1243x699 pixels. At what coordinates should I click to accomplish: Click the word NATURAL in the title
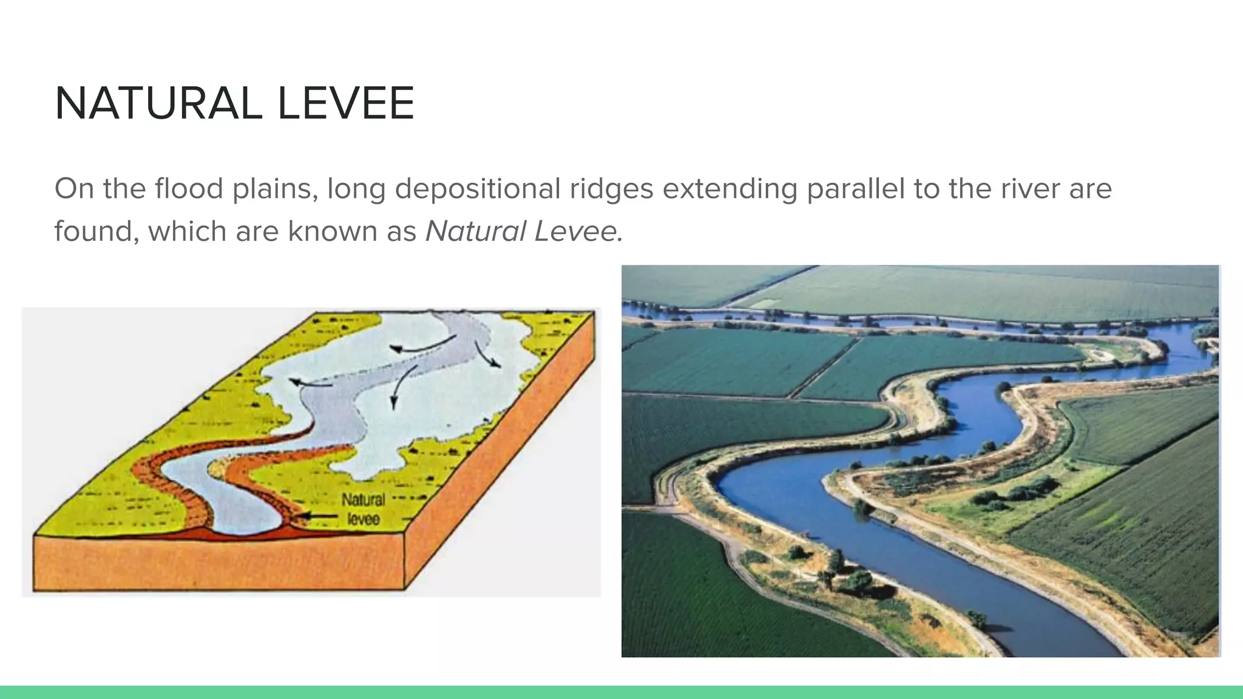pyautogui.click(x=158, y=104)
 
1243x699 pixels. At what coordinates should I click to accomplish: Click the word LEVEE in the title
pyautogui.click(x=345, y=104)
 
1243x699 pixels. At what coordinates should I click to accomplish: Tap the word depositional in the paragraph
pyautogui.click(x=477, y=189)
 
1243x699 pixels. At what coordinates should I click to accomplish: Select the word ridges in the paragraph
pyautogui.click(x=611, y=190)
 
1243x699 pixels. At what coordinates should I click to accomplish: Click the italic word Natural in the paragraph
pyautogui.click(x=475, y=231)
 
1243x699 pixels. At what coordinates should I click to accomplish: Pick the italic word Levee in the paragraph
pyautogui.click(x=577, y=231)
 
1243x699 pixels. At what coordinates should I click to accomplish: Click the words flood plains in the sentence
pyautogui.click(x=236, y=189)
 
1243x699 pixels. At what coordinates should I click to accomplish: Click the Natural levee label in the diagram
pyautogui.click(x=363, y=509)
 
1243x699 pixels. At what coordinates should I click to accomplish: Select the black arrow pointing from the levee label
pyautogui.click(x=316, y=516)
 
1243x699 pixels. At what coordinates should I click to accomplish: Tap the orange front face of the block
pyautogui.click(x=218, y=564)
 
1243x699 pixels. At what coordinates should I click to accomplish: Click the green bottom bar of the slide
pyautogui.click(x=621, y=692)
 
